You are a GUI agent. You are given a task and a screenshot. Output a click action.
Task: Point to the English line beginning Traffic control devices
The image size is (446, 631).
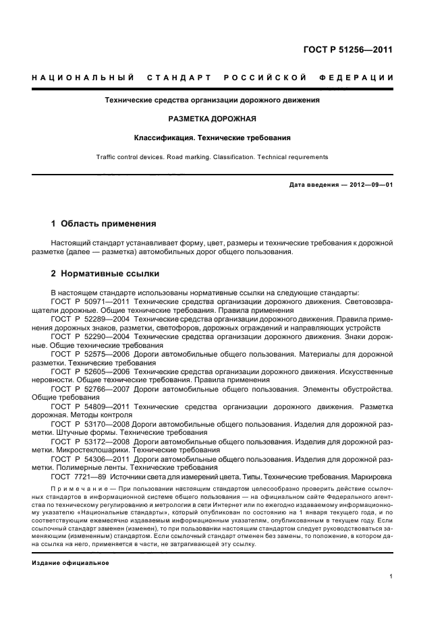[x=212, y=157]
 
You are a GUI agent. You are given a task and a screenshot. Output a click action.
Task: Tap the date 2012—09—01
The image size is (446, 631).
[x=369, y=185]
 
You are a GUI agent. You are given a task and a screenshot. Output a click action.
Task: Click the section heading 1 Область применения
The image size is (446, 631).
[x=104, y=223]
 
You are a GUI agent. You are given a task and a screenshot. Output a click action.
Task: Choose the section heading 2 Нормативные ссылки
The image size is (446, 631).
[x=105, y=274]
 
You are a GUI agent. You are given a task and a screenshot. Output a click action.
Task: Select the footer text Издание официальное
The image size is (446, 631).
[x=70, y=562]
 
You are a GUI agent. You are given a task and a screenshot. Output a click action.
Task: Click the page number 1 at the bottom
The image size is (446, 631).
[x=391, y=577]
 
